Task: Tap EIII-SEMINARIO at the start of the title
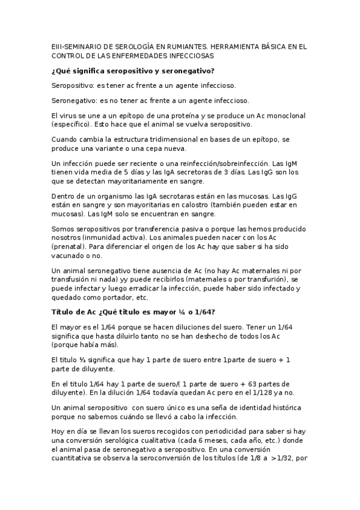(x=75, y=46)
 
